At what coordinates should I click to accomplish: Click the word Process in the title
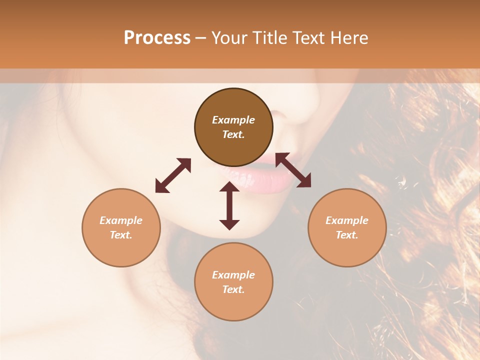point(157,38)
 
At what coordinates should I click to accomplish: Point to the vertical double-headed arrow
point(229,205)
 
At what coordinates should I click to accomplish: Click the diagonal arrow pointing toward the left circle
point(173,175)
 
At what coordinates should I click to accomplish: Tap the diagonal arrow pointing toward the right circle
point(293,170)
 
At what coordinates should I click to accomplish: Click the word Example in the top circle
point(233,120)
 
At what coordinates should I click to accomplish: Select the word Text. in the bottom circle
point(233,289)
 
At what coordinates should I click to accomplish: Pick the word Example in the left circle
point(121,220)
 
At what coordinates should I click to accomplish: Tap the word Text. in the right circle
point(347,235)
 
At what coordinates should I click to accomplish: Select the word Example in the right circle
point(347,220)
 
